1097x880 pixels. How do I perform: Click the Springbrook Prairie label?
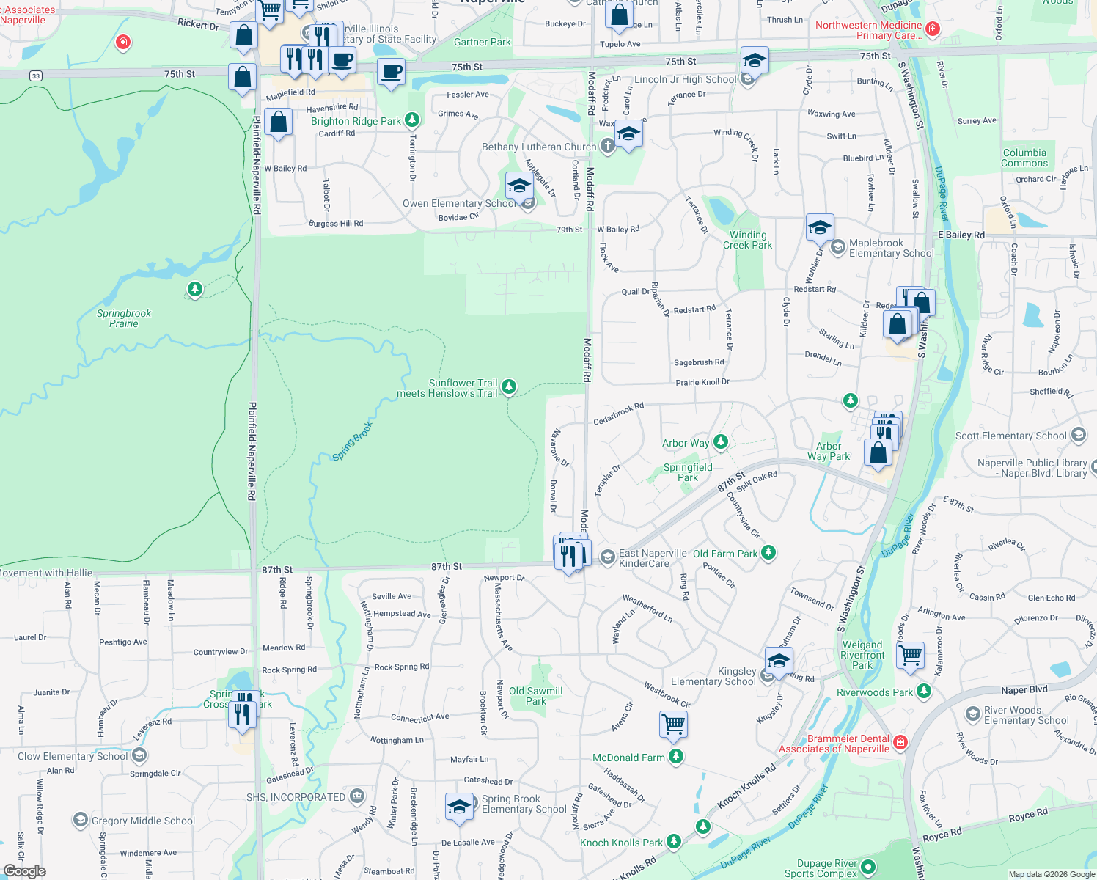coord(124,318)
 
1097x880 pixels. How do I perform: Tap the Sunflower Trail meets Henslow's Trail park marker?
coord(508,386)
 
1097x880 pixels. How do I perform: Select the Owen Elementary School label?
coord(459,203)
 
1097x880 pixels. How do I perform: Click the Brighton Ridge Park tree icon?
coord(412,120)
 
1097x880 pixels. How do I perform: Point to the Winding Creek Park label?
coord(747,240)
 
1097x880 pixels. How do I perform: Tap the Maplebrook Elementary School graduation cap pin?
coord(819,228)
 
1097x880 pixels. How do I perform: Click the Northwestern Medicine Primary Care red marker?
coord(933,29)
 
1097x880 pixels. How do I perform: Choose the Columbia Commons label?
coord(1024,158)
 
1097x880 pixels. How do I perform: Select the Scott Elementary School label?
coord(1010,436)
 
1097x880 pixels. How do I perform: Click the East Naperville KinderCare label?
coord(653,558)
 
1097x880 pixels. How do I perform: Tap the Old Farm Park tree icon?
coord(768,553)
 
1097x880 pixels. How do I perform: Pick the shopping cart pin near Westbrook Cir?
coord(673,725)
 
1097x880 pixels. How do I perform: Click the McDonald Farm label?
coord(628,758)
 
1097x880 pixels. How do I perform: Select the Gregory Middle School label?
coord(143,821)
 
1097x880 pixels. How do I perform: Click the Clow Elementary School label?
coord(73,756)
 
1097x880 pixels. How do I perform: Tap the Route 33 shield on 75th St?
coord(36,76)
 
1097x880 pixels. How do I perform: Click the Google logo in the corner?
coord(24,870)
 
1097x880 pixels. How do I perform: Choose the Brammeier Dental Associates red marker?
coord(900,743)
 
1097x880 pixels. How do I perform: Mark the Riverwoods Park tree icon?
coord(924,691)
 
